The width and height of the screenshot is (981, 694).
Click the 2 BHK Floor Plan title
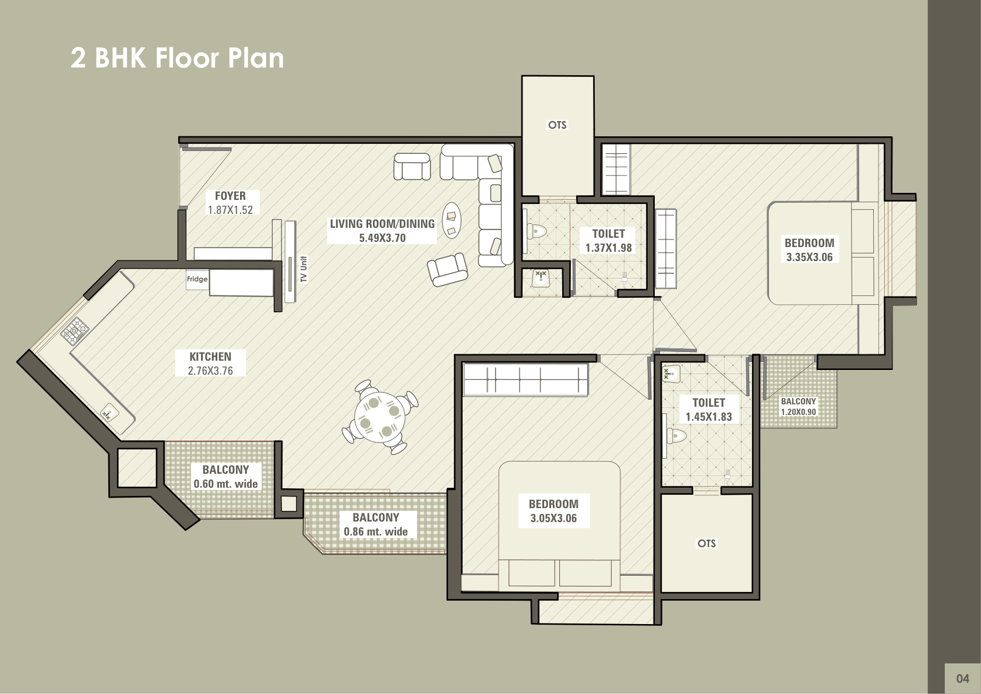(177, 58)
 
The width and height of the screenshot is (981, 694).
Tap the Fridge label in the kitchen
(197, 279)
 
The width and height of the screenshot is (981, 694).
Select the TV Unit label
(304, 269)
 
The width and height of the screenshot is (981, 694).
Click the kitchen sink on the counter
(109, 414)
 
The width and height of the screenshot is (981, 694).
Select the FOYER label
(230, 196)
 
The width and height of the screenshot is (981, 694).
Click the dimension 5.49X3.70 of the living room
(382, 238)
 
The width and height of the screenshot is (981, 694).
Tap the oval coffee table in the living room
(451, 220)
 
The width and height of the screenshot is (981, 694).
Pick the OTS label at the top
(557, 125)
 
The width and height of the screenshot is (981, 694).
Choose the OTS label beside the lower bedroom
(707, 543)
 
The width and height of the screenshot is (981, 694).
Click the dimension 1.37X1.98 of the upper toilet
(608, 248)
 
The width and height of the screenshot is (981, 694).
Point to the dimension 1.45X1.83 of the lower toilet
(708, 417)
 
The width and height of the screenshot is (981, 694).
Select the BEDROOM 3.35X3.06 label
(809, 250)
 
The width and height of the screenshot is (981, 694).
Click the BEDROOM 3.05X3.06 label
(553, 511)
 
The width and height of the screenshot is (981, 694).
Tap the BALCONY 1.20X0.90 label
(799, 406)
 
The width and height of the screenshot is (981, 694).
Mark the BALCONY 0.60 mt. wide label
(225, 477)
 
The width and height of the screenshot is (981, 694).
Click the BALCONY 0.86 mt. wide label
(376, 524)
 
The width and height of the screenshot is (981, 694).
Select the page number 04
(962, 679)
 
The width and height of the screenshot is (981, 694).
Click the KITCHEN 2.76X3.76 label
(210, 364)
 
